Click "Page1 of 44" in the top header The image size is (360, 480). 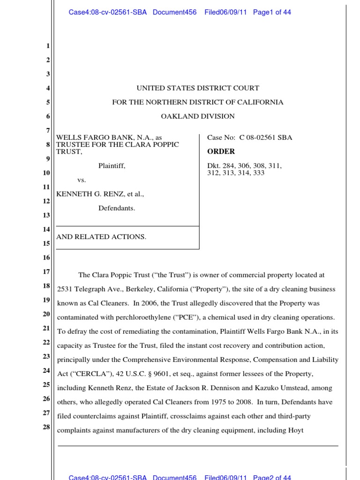tap(272, 13)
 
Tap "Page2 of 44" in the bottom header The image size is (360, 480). tap(272, 477)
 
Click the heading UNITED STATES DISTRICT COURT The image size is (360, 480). tap(197, 88)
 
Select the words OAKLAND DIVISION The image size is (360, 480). tap(197, 116)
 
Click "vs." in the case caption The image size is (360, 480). tap(82, 180)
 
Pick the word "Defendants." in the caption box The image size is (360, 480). tap(117, 208)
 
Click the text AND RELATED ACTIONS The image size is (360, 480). tap(101, 237)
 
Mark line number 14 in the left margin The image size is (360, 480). tap(46, 229)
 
